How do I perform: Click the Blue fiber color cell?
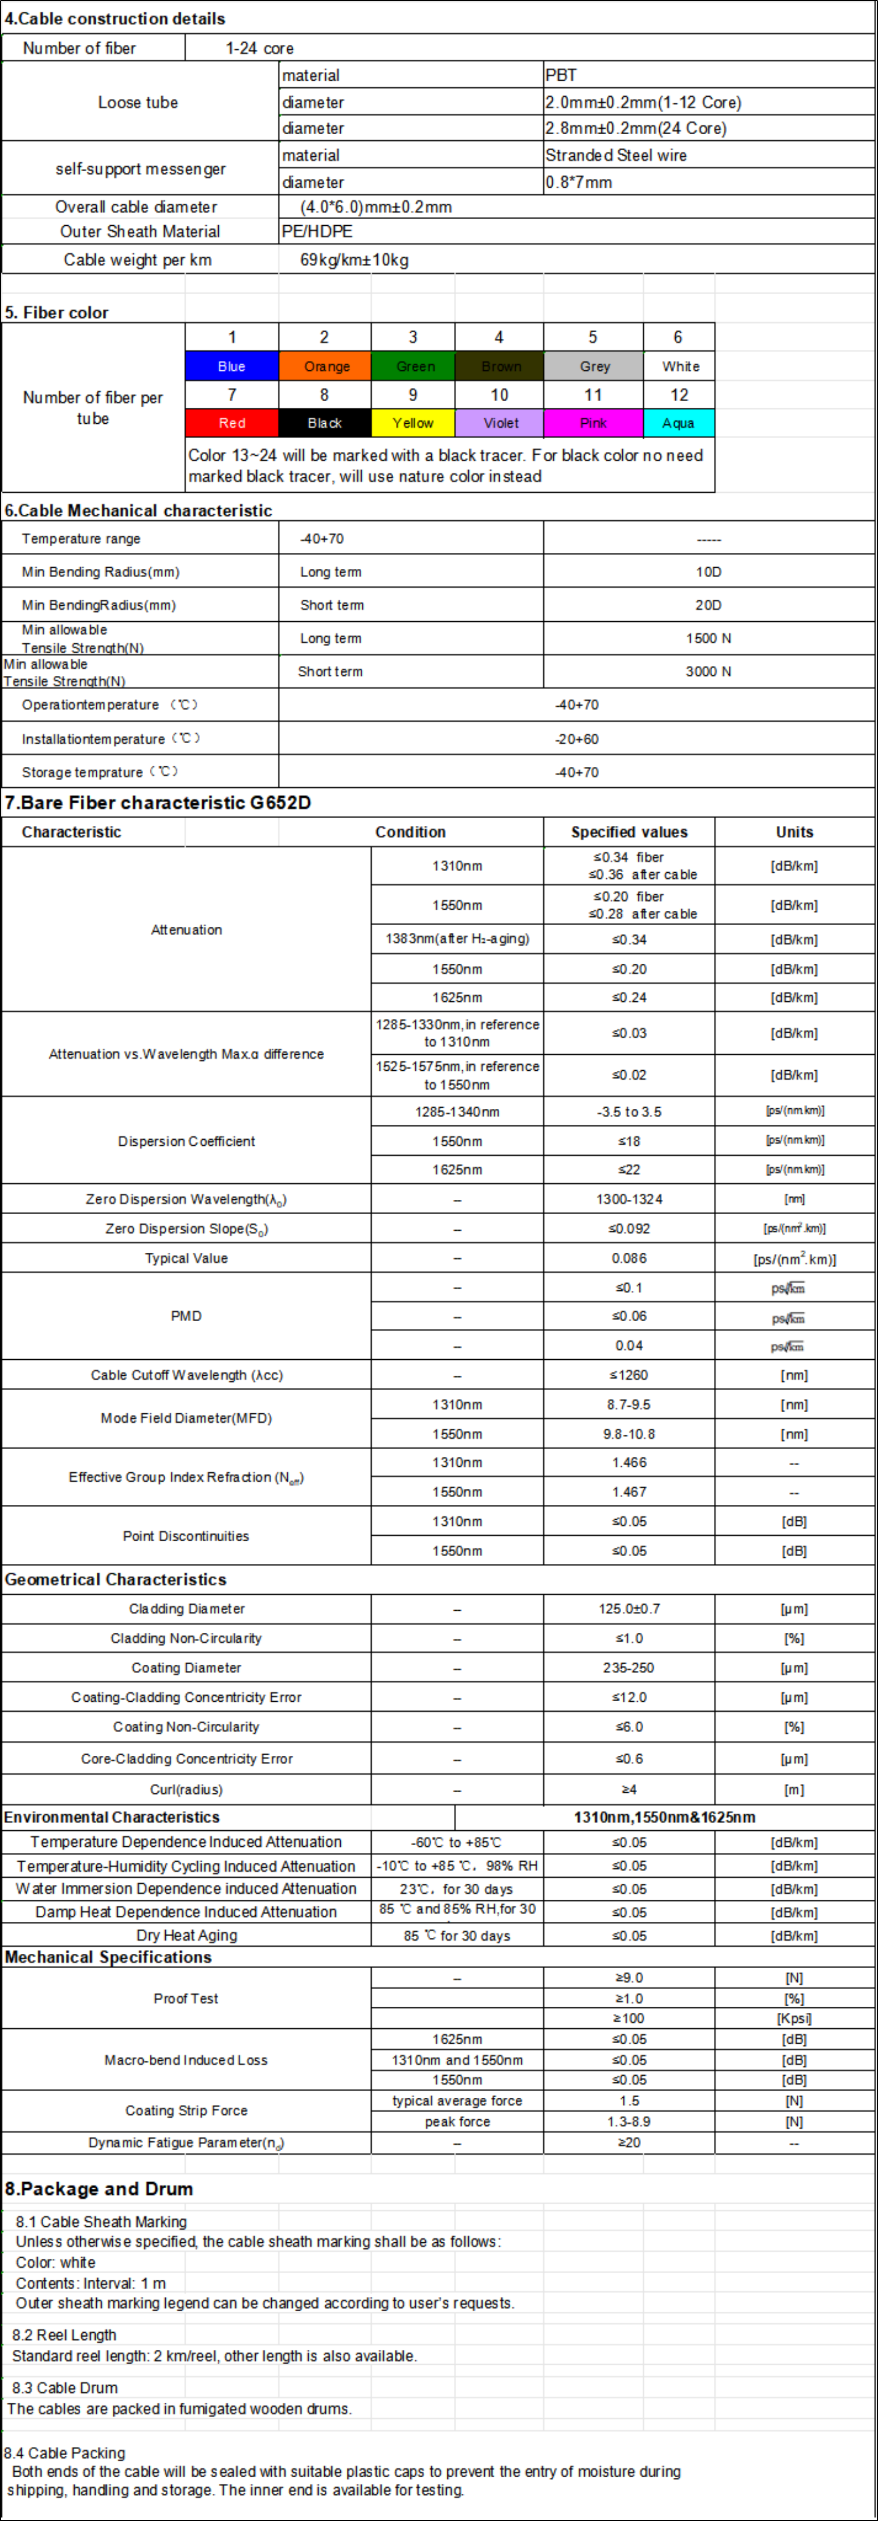click(x=232, y=366)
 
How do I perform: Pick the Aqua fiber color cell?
click(x=678, y=423)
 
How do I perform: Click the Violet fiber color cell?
click(x=500, y=423)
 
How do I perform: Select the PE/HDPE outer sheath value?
click(x=317, y=231)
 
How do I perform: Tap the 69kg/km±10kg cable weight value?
click(x=354, y=259)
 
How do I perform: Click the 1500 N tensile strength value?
click(x=708, y=638)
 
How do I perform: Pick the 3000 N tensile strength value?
click(x=708, y=671)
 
